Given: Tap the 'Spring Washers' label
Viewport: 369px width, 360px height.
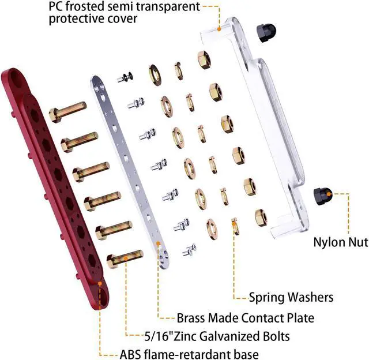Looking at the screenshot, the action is click(x=291, y=297).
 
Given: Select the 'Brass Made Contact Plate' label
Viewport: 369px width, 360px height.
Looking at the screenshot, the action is click(x=245, y=317).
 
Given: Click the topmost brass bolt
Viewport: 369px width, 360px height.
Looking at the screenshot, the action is click(x=67, y=111).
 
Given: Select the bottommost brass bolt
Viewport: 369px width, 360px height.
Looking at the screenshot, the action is click(x=123, y=258).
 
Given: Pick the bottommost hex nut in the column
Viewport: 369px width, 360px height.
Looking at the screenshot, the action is click(x=261, y=217).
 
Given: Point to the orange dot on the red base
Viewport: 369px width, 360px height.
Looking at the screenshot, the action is click(x=100, y=284).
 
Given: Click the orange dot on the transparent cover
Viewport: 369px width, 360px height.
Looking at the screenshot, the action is click(x=219, y=27).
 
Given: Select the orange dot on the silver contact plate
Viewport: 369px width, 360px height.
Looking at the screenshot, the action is click(x=160, y=244).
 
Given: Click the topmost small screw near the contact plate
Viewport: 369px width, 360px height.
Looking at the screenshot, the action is click(x=125, y=78).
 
